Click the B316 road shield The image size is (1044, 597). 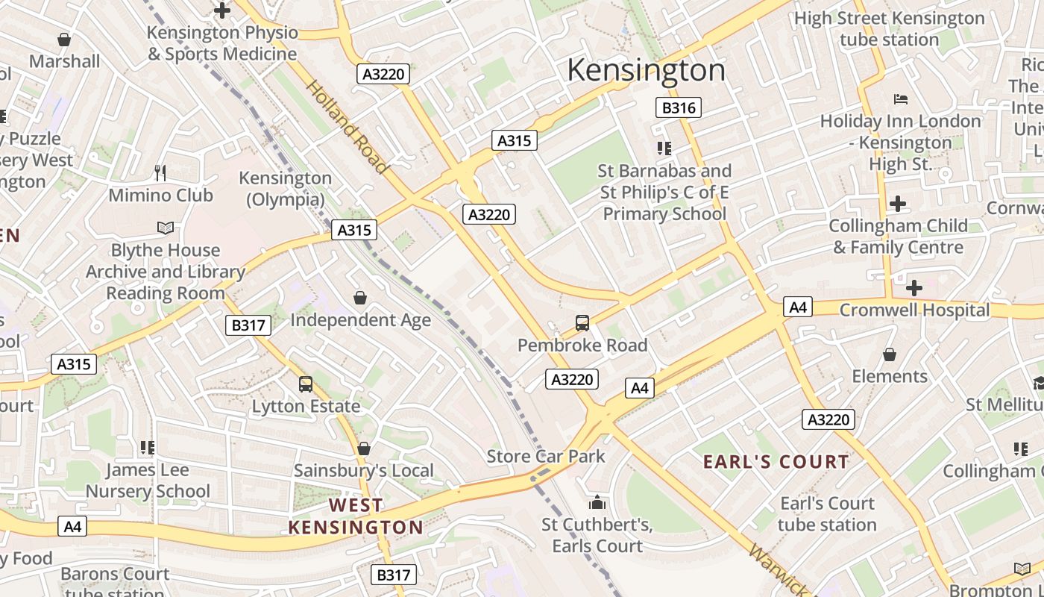679,107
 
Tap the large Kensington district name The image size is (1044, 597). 646,70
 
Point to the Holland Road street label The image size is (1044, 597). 347,127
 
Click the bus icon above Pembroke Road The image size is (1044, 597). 582,323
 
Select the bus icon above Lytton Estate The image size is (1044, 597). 306,384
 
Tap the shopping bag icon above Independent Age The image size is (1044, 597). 360,298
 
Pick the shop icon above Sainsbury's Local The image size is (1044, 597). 364,448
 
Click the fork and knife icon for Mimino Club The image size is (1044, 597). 160,173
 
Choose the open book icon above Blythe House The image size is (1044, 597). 166,228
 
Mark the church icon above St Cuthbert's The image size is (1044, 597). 597,502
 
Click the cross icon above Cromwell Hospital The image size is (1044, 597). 914,287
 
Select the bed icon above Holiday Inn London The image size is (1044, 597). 901,99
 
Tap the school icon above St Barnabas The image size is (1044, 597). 664,149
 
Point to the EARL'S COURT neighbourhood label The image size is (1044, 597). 776,462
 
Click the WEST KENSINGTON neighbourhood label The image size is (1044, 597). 356,516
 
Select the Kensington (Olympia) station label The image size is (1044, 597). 285,189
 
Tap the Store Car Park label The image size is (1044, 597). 546,456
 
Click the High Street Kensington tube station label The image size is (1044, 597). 890,28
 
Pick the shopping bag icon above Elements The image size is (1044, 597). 890,354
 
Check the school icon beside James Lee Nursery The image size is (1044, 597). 148,448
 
